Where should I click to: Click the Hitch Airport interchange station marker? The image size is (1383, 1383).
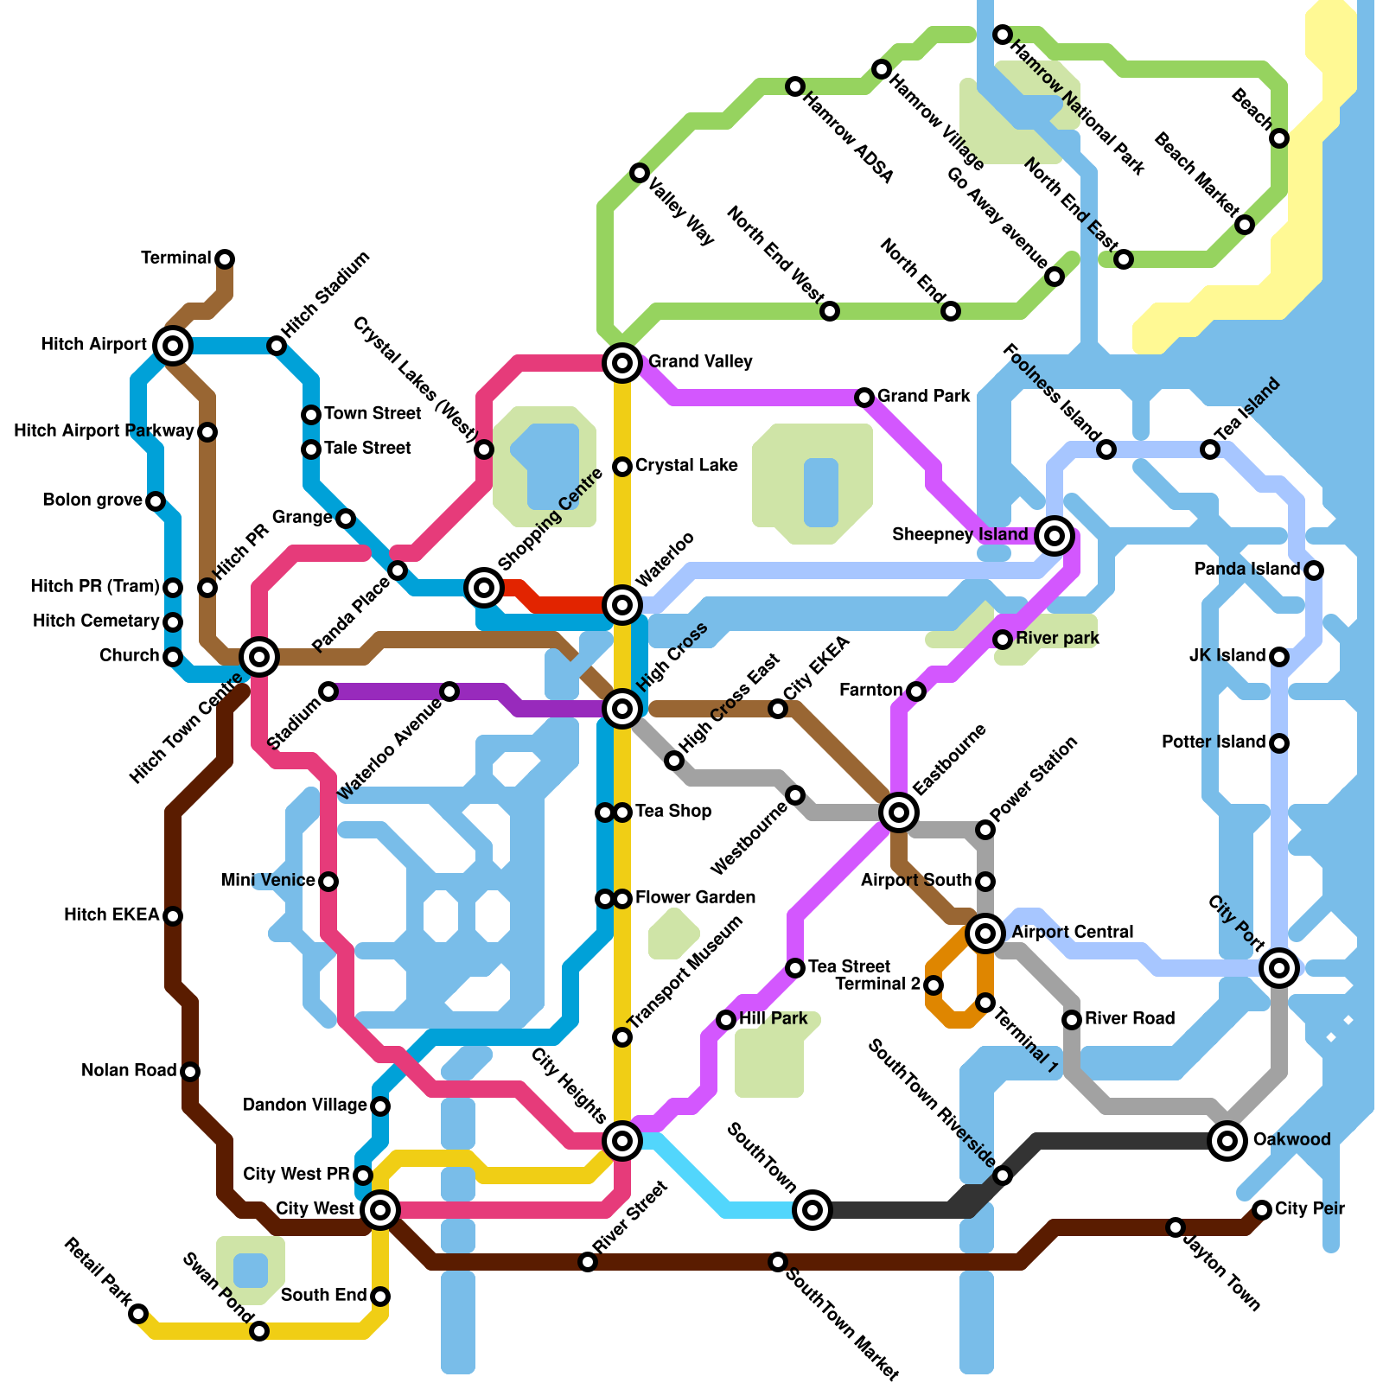(x=173, y=346)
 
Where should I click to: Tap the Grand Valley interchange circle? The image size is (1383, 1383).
(x=622, y=362)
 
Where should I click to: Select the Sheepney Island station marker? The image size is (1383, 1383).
(x=1054, y=536)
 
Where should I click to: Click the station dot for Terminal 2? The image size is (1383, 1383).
(x=934, y=985)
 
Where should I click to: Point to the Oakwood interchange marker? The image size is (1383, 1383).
(x=1227, y=1141)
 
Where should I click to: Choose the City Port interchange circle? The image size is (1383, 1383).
(x=1279, y=968)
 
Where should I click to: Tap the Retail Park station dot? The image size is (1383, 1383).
(x=138, y=1314)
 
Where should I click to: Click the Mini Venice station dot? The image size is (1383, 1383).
(x=328, y=882)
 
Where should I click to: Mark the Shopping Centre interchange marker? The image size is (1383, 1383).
(x=484, y=588)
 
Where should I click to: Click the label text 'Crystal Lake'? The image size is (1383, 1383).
(x=686, y=466)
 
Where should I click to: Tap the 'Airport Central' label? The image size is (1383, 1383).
(x=1072, y=933)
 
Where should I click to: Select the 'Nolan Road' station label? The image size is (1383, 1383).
(x=129, y=1071)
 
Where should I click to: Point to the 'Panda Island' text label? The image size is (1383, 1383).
(x=1246, y=570)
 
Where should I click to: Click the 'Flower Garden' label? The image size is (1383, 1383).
(x=695, y=898)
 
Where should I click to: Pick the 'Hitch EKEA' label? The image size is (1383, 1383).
(x=112, y=915)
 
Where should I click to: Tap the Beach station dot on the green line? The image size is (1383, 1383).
(x=1279, y=138)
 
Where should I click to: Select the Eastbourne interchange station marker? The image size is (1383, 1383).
(x=899, y=813)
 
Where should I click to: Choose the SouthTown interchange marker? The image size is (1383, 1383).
(x=813, y=1210)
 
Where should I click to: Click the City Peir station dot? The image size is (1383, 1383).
(x=1262, y=1210)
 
